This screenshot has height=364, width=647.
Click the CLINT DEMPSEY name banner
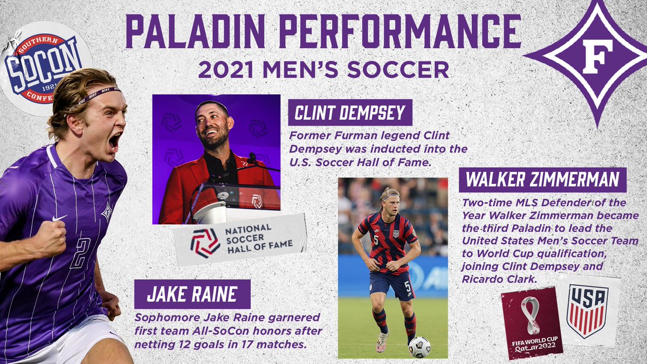click(x=350, y=114)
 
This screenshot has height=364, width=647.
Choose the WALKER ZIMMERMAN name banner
click(x=542, y=179)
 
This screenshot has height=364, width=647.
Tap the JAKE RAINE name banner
click(x=192, y=294)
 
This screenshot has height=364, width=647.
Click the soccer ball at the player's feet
click(x=419, y=347)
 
